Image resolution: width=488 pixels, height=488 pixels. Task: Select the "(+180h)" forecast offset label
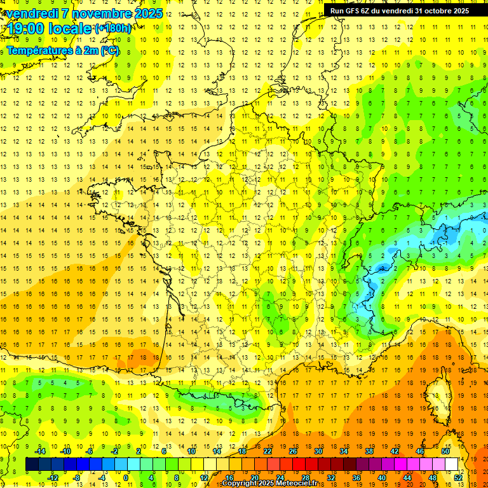click(x=114, y=29)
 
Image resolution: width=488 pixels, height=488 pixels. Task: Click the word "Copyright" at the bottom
click(x=240, y=484)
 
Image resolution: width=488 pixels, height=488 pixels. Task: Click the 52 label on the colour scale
click(x=458, y=478)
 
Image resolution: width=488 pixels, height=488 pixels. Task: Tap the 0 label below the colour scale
click(x=126, y=478)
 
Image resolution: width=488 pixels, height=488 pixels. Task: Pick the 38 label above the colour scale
click(x=369, y=451)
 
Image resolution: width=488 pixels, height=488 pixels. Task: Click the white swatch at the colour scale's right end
click(x=451, y=464)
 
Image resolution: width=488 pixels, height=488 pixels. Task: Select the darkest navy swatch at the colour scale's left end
click(x=32, y=464)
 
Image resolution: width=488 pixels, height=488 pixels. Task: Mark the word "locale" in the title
click(x=70, y=29)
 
